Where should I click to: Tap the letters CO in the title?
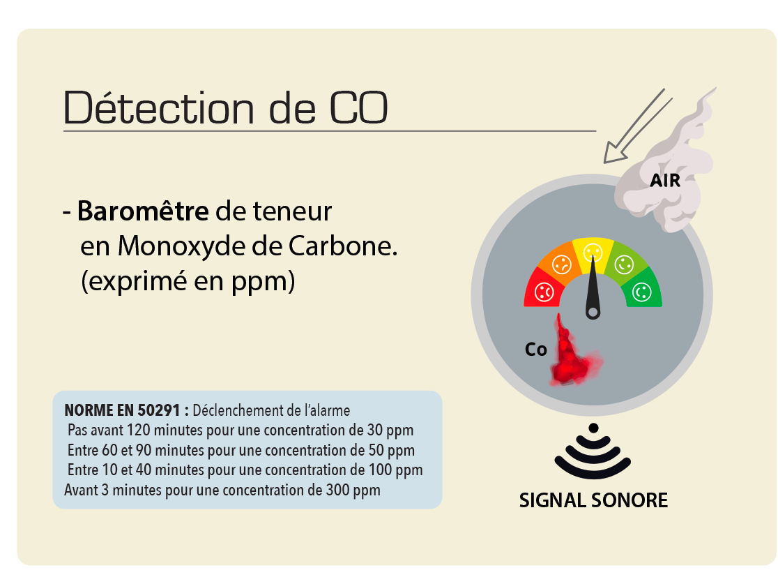358,107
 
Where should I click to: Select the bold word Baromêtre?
143,211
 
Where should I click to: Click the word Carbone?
343,246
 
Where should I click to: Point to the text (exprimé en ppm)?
188,281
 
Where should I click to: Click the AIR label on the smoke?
665,180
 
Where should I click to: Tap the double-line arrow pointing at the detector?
637,126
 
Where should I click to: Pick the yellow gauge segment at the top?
593,250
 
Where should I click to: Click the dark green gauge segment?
642,289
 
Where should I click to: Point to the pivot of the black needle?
593,313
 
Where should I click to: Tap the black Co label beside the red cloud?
536,349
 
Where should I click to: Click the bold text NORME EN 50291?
122,410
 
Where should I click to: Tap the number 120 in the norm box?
137,430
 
